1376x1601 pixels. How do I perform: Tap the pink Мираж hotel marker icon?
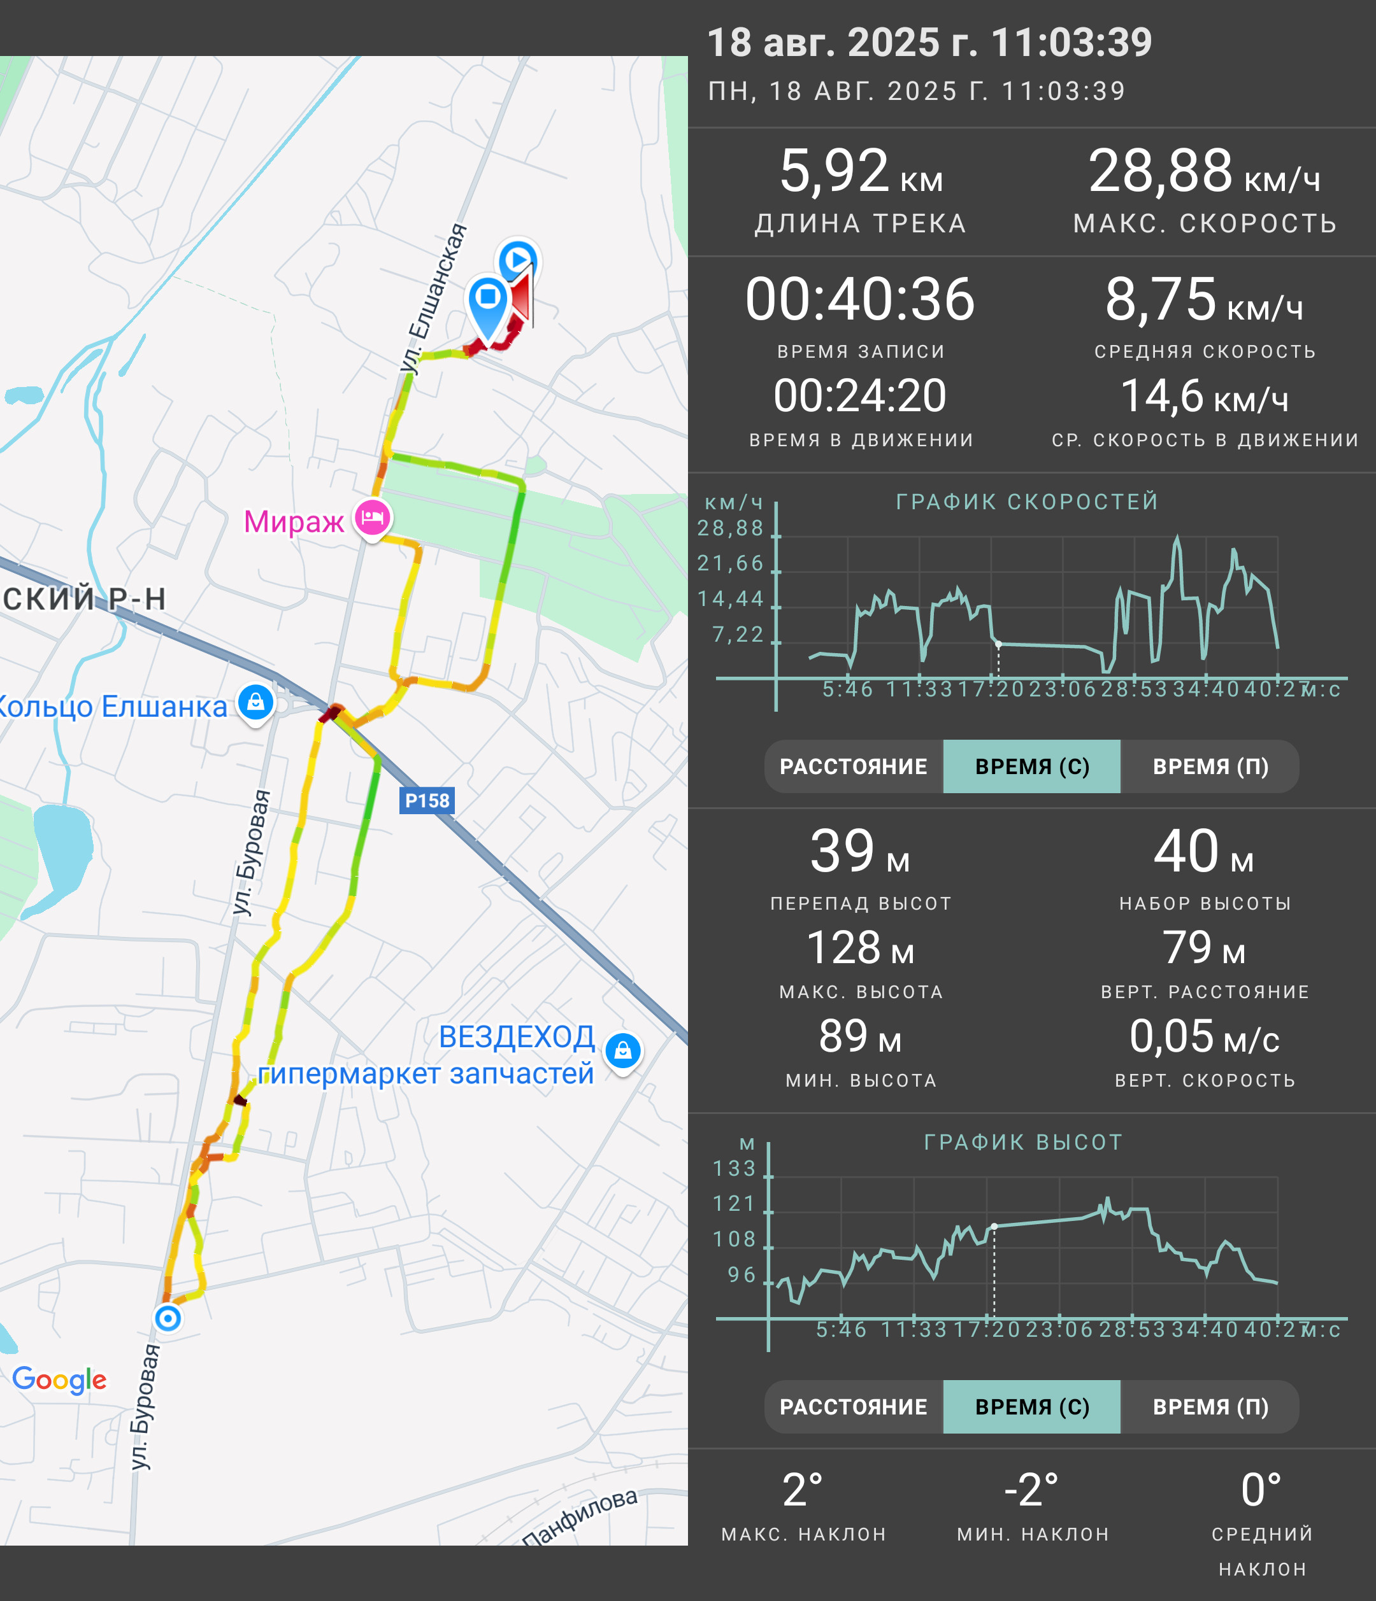pyautogui.click(x=373, y=518)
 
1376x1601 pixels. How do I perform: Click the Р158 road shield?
pyautogui.click(x=427, y=801)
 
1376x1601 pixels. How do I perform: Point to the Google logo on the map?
pyautogui.click(x=59, y=1380)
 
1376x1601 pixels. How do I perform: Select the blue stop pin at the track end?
pyautogui.click(x=488, y=305)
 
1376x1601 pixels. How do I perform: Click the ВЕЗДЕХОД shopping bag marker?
pyautogui.click(x=623, y=1050)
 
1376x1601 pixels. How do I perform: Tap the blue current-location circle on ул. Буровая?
pyautogui.click(x=168, y=1318)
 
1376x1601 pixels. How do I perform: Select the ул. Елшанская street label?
pyautogui.click(x=434, y=299)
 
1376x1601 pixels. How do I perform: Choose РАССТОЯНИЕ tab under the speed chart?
pyautogui.click(x=854, y=766)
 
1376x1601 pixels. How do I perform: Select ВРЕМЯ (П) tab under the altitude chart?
pyautogui.click(x=1210, y=1407)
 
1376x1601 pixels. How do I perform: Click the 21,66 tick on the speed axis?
pyautogui.click(x=731, y=563)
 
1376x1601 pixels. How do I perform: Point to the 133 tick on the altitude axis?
pyautogui.click(x=735, y=1168)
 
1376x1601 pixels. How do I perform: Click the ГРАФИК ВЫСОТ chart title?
pyautogui.click(x=1022, y=1142)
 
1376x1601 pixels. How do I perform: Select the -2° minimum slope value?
pyautogui.click(x=1031, y=1490)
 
